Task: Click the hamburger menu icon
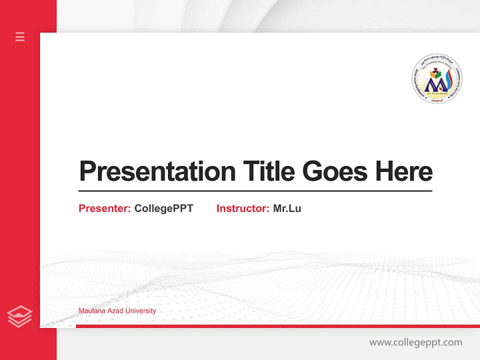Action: (20, 36)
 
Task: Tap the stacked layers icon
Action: (19, 316)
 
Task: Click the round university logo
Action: (436, 79)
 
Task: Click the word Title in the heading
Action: (268, 171)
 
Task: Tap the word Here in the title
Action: (404, 171)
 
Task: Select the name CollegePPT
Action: (164, 208)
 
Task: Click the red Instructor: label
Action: (243, 208)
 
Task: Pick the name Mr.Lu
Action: (287, 208)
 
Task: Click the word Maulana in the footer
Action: (91, 311)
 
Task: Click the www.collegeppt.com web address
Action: (415, 342)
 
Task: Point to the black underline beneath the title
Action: (255, 190)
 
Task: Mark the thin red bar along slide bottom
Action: (277, 326)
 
